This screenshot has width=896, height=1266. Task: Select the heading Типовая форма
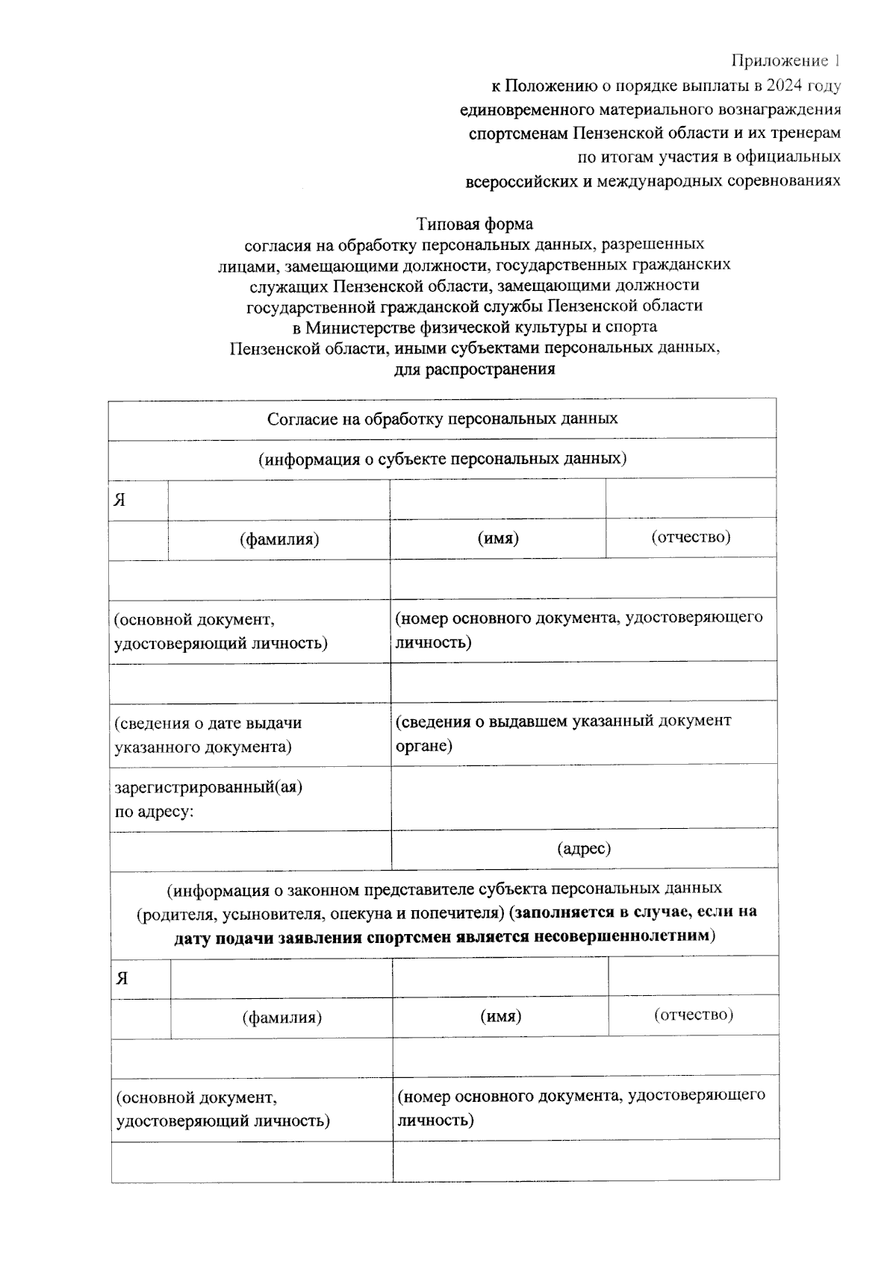pos(474,224)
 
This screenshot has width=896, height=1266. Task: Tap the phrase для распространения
pos(474,369)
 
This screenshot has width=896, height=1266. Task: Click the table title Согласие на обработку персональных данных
pos(442,419)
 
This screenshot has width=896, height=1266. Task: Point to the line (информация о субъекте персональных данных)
pos(442,459)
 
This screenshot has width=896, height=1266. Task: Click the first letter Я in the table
pos(119,500)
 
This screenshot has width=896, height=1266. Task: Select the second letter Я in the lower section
pos(122,979)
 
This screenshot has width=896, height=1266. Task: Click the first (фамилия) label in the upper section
pos(279,539)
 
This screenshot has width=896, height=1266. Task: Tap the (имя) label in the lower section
pos(500,1017)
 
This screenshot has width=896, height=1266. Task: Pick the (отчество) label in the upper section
pos(690,537)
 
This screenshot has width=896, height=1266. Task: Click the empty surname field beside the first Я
pos(279,500)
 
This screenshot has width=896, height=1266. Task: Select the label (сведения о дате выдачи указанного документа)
pos(208,735)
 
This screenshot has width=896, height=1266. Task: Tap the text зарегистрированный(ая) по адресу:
pos(208,798)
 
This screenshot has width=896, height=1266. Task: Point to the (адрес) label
pos(584,849)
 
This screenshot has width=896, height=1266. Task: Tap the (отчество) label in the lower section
pos(693,1015)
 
